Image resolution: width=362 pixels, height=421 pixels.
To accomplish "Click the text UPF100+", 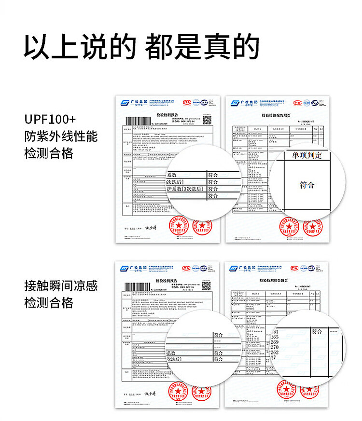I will (50, 119).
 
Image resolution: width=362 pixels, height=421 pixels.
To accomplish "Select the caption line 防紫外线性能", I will (61, 136).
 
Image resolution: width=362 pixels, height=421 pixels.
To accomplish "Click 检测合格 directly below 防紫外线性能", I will (49, 154).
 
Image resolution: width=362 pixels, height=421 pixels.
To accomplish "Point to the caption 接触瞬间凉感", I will (61, 286).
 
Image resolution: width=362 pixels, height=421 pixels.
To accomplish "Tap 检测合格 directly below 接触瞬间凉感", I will (49, 303).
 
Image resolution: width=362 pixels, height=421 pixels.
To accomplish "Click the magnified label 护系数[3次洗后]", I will (184, 189).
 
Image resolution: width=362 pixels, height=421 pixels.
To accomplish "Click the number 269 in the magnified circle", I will (275, 342).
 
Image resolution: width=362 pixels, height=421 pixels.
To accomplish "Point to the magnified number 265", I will (275, 337).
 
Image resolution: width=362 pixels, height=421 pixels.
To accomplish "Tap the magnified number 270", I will (275, 347).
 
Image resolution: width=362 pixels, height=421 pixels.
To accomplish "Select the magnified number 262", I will (275, 353).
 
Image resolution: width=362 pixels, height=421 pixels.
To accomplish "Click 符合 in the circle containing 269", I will (317, 332).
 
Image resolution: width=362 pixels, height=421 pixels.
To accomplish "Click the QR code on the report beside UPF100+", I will (207, 120).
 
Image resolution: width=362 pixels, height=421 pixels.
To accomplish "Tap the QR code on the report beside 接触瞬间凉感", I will (207, 285).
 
